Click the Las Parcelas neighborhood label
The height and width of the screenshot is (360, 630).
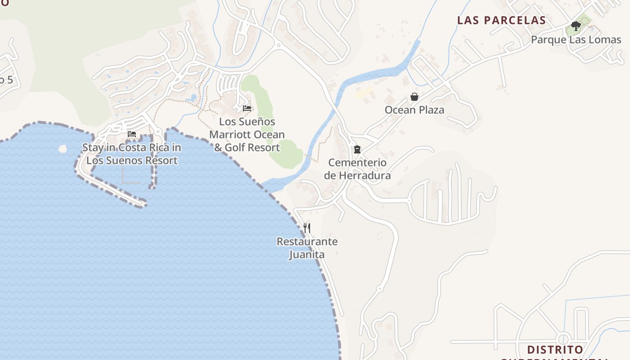tap(501, 20)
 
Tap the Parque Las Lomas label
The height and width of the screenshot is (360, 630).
tap(576, 40)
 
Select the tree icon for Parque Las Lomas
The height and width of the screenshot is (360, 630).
tap(576, 26)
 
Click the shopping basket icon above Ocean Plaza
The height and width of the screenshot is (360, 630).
tap(414, 97)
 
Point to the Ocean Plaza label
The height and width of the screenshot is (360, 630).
tap(414, 110)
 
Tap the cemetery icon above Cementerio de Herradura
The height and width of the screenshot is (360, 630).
tap(357, 149)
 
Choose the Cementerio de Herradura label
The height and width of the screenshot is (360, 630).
tap(357, 169)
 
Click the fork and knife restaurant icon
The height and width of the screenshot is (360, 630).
tap(307, 228)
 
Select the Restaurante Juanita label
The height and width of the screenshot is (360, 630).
tap(307, 248)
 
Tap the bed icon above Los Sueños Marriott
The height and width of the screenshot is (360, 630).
tap(247, 108)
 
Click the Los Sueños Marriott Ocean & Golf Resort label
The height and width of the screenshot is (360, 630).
tap(247, 134)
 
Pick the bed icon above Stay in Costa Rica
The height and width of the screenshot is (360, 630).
tap(132, 134)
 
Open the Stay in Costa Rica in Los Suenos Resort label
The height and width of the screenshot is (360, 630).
tap(132, 154)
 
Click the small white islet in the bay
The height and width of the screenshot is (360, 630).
tap(63, 148)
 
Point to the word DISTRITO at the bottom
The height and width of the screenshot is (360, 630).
tap(555, 350)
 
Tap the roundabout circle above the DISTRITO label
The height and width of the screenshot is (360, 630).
tap(563, 338)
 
